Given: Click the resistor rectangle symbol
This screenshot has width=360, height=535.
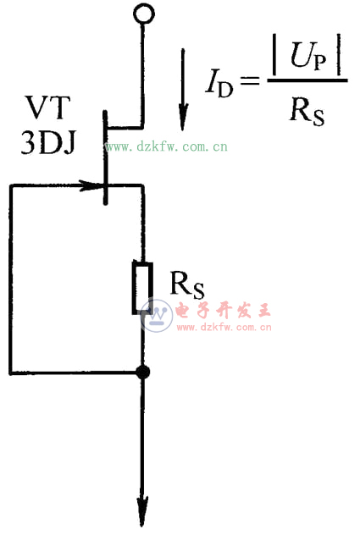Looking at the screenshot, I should tap(142, 288).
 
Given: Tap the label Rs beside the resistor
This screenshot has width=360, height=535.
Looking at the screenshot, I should tap(187, 285).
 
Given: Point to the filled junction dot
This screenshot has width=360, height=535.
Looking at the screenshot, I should tap(142, 372).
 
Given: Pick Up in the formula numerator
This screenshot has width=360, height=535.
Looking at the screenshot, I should tap(305, 62).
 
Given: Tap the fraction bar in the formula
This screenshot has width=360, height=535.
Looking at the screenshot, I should tap(307, 83).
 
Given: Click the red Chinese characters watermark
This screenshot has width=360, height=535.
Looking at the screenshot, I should tap(222, 310).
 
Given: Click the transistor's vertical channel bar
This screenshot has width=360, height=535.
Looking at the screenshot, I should tap(105, 157).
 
